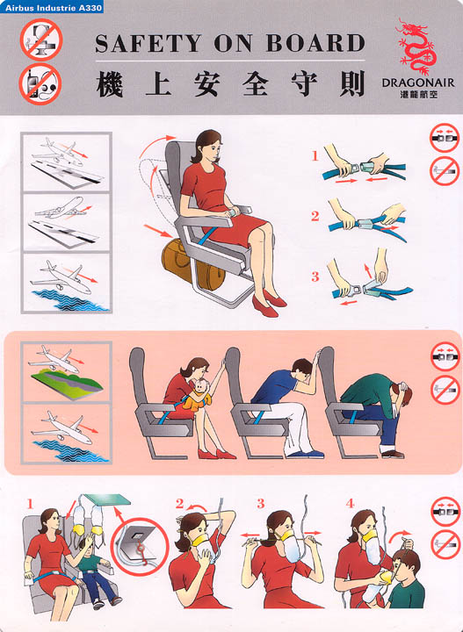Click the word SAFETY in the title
(148, 44)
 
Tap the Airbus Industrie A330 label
(53, 8)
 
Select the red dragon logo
(416, 47)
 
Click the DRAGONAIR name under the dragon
(417, 83)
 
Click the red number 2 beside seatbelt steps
(315, 216)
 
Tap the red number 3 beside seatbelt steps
(315, 276)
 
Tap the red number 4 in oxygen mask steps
(350, 504)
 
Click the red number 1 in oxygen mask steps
(30, 504)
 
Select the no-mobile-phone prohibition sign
(40, 84)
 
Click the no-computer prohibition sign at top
(40, 39)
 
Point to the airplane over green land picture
(66, 371)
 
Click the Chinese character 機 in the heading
(110, 83)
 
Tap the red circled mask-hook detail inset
(139, 546)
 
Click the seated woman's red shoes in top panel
(269, 304)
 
